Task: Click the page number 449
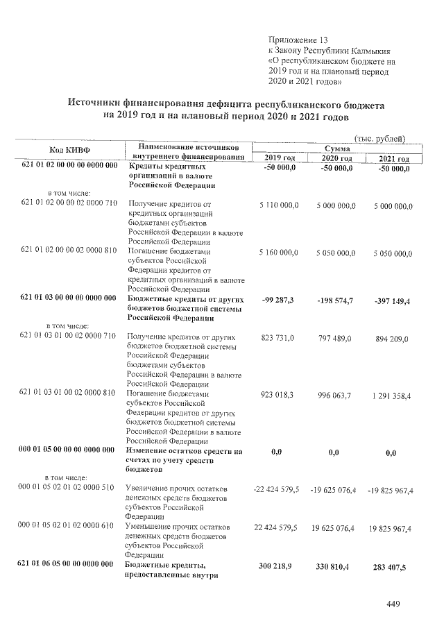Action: point(393,604)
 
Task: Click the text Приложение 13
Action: point(296,40)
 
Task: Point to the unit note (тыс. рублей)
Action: point(379,137)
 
